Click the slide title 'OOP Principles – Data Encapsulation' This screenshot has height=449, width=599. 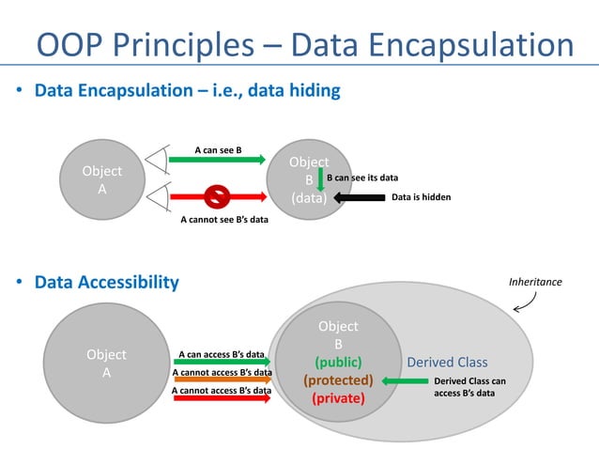(x=305, y=45)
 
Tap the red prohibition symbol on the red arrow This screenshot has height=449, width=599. (x=216, y=197)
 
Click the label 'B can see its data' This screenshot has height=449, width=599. (x=362, y=177)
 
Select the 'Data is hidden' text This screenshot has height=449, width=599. (x=421, y=198)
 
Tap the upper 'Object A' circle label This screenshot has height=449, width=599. (x=102, y=179)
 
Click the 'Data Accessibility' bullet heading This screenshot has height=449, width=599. (x=106, y=282)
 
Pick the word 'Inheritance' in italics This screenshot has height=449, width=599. (x=535, y=281)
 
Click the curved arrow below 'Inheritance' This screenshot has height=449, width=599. (x=526, y=301)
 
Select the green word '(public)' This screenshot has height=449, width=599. (x=338, y=362)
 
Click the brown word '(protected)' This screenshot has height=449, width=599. (x=338, y=380)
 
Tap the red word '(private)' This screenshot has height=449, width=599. (x=338, y=398)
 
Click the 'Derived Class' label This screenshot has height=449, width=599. (x=447, y=363)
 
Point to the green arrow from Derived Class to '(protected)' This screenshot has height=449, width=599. (x=402, y=381)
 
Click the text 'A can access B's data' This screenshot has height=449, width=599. (x=222, y=355)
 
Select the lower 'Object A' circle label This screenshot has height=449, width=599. (x=106, y=364)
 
